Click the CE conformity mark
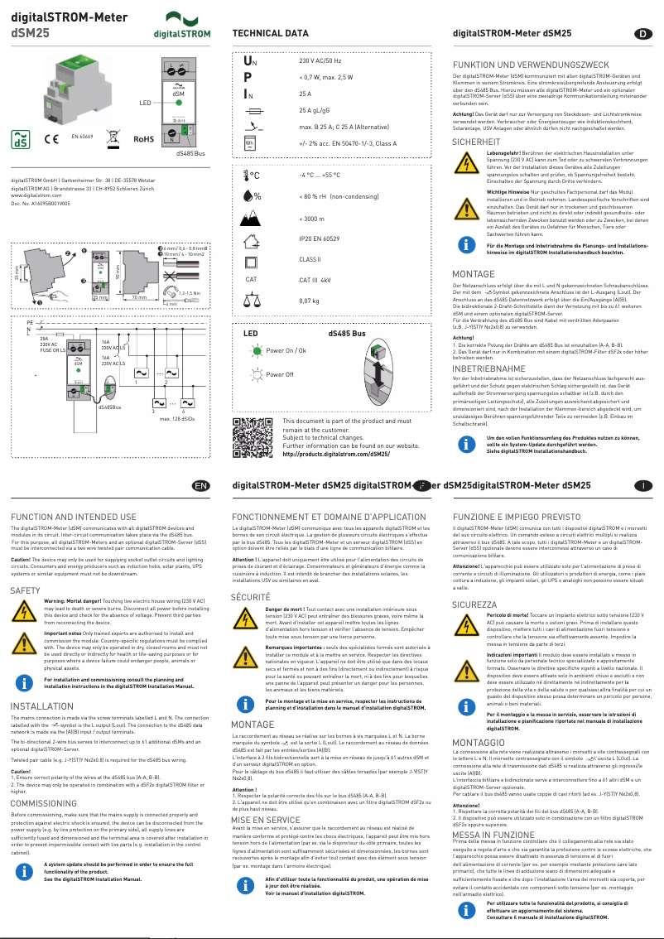(51, 138)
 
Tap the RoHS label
(145, 139)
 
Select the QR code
(253, 437)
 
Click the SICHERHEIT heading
(476, 142)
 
